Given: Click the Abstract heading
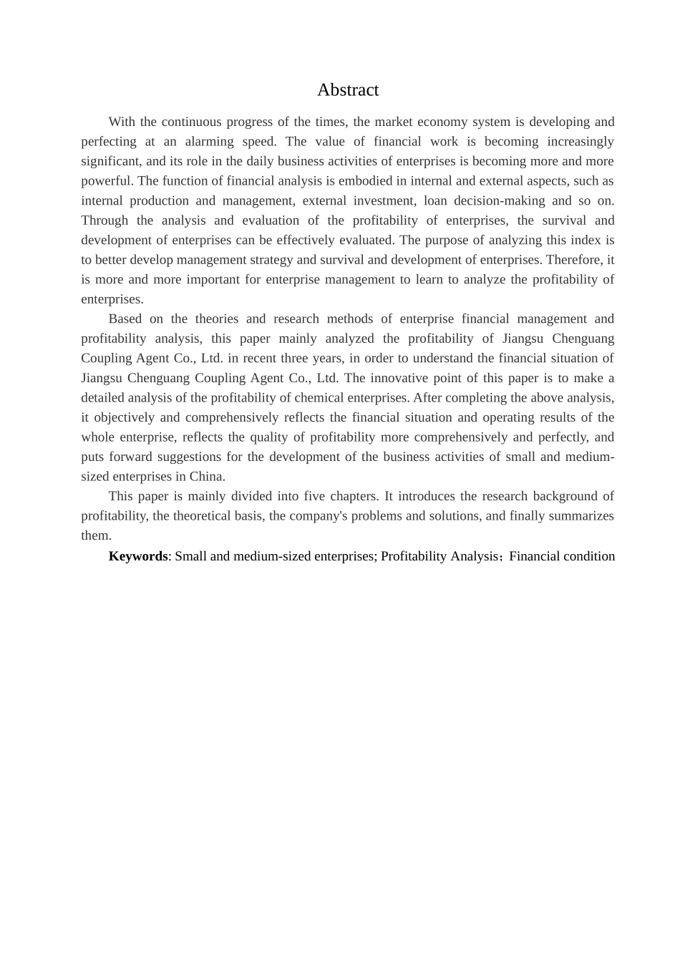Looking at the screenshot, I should pos(348,90).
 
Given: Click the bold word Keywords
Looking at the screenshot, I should pos(137,556).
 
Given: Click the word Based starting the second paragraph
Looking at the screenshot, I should pos(125,319).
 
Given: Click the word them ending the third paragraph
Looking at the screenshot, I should pos(95,535).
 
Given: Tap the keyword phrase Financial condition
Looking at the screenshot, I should pos(562,556).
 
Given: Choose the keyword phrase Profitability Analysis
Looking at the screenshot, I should pos(439,556).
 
